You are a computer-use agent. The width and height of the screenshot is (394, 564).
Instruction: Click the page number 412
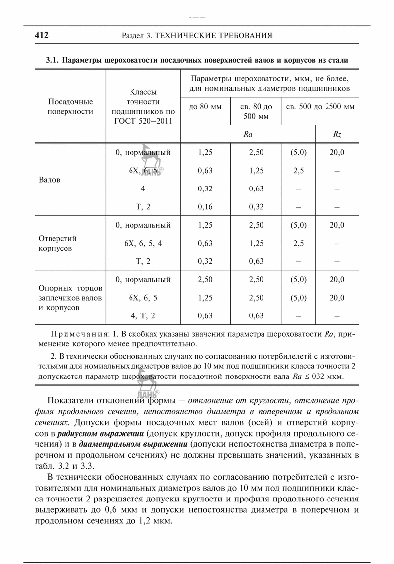pos(42,36)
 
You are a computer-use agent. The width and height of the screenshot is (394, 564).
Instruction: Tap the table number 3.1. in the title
pos(53,60)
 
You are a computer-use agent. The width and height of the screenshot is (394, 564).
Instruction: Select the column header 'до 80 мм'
pos(205,107)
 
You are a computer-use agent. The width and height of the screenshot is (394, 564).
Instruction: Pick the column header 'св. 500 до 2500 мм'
pos(318,107)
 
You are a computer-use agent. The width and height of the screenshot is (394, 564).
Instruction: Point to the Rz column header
pos(337,134)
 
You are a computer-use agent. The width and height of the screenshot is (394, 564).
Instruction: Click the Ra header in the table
pos(248,134)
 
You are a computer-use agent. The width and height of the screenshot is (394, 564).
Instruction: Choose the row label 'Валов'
pos(49,180)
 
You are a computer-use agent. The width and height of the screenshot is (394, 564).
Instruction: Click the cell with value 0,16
pos(205,207)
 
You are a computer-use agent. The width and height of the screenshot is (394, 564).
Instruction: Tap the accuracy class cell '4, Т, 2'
pos(143,315)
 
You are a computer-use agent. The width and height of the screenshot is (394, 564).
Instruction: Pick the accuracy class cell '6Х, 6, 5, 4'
pos(143,243)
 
